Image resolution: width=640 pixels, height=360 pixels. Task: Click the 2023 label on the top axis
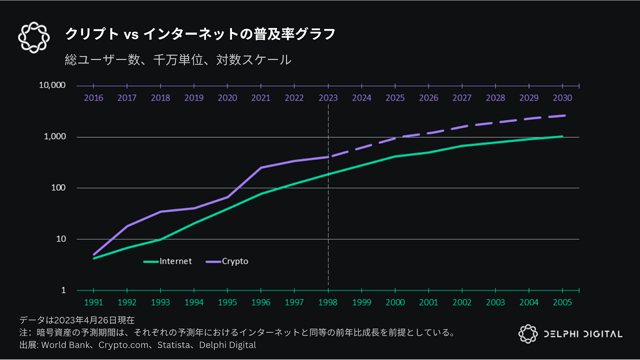[x=328, y=98]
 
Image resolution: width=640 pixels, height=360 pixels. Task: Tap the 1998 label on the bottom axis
[x=328, y=302]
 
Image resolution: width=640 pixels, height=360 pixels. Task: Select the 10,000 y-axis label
[x=52, y=85]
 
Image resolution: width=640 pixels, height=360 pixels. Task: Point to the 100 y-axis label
[x=58, y=188]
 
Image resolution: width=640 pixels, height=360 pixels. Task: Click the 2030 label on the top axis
[x=562, y=98]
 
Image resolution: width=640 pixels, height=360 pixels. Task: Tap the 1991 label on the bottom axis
[x=94, y=302]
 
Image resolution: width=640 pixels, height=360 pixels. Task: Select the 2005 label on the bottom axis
[x=562, y=302]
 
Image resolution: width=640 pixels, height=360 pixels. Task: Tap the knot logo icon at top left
[x=34, y=38]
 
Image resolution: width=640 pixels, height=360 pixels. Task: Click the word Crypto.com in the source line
[x=123, y=345]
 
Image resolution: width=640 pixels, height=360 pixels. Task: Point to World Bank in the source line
[x=66, y=345]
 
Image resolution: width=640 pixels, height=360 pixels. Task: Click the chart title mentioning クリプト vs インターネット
[x=200, y=34]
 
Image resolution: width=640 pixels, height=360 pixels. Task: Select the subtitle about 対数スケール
[x=178, y=60]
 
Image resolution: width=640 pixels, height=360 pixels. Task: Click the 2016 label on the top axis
[x=94, y=98]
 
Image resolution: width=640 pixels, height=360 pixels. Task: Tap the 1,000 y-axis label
[x=55, y=136]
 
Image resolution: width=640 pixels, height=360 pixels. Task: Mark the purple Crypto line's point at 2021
[x=261, y=168]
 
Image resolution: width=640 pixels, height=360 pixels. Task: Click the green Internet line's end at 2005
[x=562, y=136]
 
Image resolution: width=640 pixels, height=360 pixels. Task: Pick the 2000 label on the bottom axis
[x=395, y=302]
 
